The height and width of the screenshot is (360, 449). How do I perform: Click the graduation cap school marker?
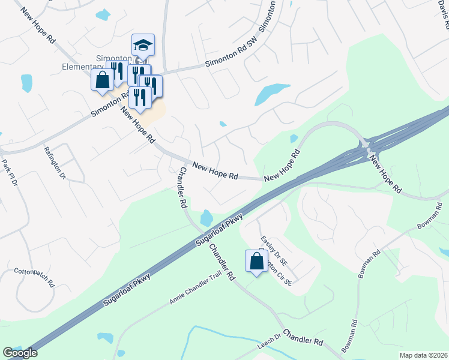tap(143, 46)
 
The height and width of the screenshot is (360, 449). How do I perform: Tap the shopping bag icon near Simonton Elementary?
tap(102, 80)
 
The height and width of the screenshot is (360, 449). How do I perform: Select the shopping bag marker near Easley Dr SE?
tap(256, 261)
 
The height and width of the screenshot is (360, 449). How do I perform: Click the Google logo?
tap(20, 353)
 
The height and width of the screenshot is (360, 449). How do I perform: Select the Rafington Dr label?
tap(55, 161)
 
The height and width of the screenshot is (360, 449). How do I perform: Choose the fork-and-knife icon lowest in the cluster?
tap(140, 97)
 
